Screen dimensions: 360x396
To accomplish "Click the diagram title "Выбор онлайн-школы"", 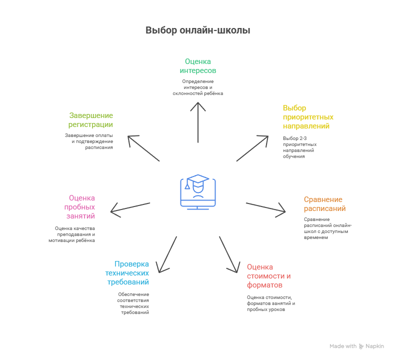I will pos(197,30).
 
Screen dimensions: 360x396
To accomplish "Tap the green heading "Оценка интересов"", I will pos(197,66).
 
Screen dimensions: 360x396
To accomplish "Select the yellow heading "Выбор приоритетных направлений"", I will pos(307,117).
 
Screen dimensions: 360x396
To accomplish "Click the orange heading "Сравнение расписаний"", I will pos(324,204).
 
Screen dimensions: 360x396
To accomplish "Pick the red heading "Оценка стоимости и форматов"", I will pos(268,276).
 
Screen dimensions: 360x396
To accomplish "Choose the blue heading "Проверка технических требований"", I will pos(128,273).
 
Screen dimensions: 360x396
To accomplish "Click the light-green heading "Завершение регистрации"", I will pos(91,120).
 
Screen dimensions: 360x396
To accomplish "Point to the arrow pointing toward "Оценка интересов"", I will pos(198,122).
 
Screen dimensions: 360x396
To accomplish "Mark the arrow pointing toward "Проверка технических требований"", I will pos(167,254).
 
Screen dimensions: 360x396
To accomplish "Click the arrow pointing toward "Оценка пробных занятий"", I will pos(130,209).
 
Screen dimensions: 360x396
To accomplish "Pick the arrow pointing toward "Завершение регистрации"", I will pos(143,148).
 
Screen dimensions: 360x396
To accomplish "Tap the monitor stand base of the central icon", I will pos(198,205).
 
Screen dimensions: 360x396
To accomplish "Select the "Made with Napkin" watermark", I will pos(356,346).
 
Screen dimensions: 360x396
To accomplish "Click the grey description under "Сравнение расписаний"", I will pos(327,228).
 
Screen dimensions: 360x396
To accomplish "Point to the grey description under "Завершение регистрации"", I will pos(89,141).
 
